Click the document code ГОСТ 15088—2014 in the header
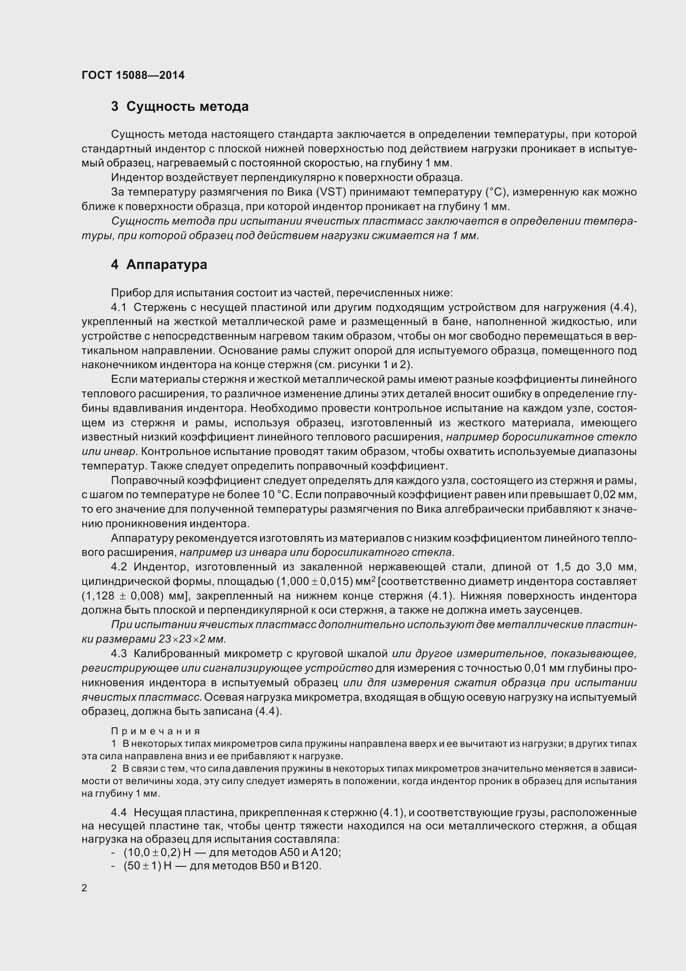coord(133,75)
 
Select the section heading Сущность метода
coord(187,107)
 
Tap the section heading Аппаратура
coord(166,265)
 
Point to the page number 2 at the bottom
coord(84,888)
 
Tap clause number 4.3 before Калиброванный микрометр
coord(119,653)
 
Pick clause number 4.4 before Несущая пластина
coord(119,812)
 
